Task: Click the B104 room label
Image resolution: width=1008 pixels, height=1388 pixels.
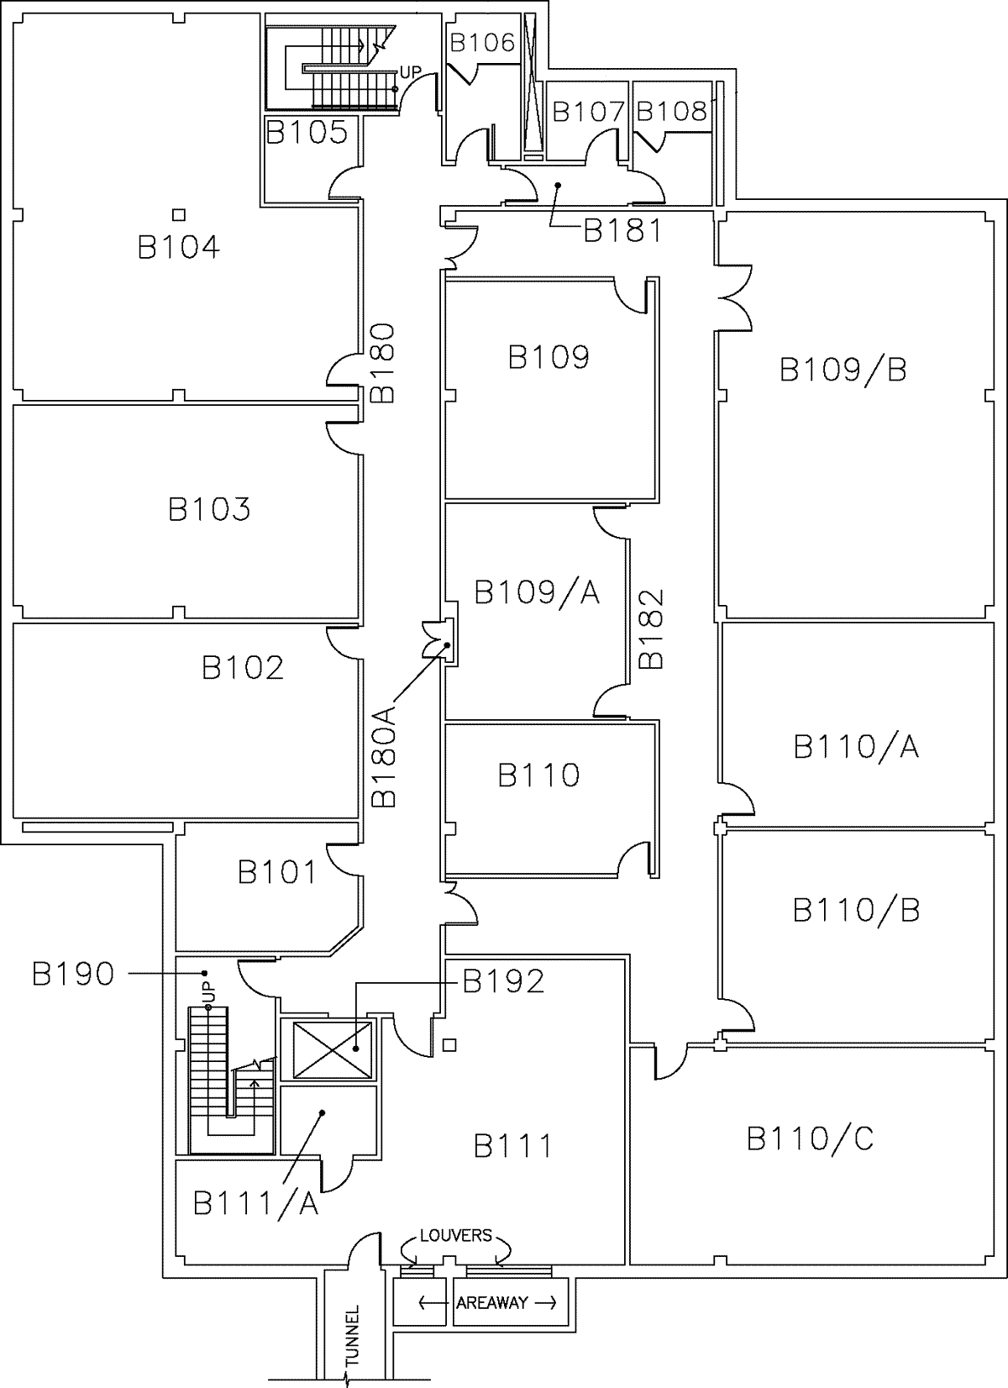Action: [178, 247]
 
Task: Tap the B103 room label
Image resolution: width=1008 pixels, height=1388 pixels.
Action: [209, 509]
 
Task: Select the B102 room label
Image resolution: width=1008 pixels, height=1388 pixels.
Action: [243, 668]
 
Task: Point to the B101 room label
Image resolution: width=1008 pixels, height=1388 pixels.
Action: [277, 872]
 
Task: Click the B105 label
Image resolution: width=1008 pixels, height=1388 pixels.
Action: [307, 132]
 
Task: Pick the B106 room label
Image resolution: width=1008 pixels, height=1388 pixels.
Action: [482, 43]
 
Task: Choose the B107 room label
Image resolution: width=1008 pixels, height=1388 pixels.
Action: [588, 112]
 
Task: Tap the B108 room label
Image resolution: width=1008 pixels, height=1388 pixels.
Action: [672, 112]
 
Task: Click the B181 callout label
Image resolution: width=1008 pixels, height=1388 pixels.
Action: [622, 230]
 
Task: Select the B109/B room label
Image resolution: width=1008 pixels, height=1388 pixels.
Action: [843, 370]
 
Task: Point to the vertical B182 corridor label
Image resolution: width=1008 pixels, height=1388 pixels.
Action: [651, 628]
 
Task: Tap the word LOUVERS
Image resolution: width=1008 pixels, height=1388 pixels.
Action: [456, 1236]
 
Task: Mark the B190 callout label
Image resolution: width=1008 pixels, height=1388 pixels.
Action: [73, 974]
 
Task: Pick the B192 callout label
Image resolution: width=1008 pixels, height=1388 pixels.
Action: [504, 981]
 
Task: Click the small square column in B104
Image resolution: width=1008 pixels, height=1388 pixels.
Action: [178, 215]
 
